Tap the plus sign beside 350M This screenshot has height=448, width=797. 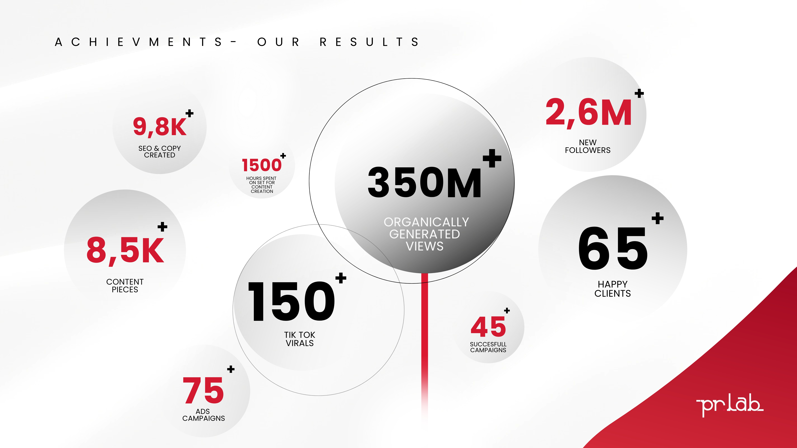[492, 158]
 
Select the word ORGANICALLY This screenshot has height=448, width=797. [426, 222]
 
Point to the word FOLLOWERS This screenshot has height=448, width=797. [588, 150]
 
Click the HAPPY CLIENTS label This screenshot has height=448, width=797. [613, 289]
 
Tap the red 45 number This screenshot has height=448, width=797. [488, 327]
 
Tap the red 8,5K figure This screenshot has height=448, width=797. [125, 250]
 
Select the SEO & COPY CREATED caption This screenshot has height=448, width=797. [160, 151]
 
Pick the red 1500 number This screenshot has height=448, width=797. [262, 165]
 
